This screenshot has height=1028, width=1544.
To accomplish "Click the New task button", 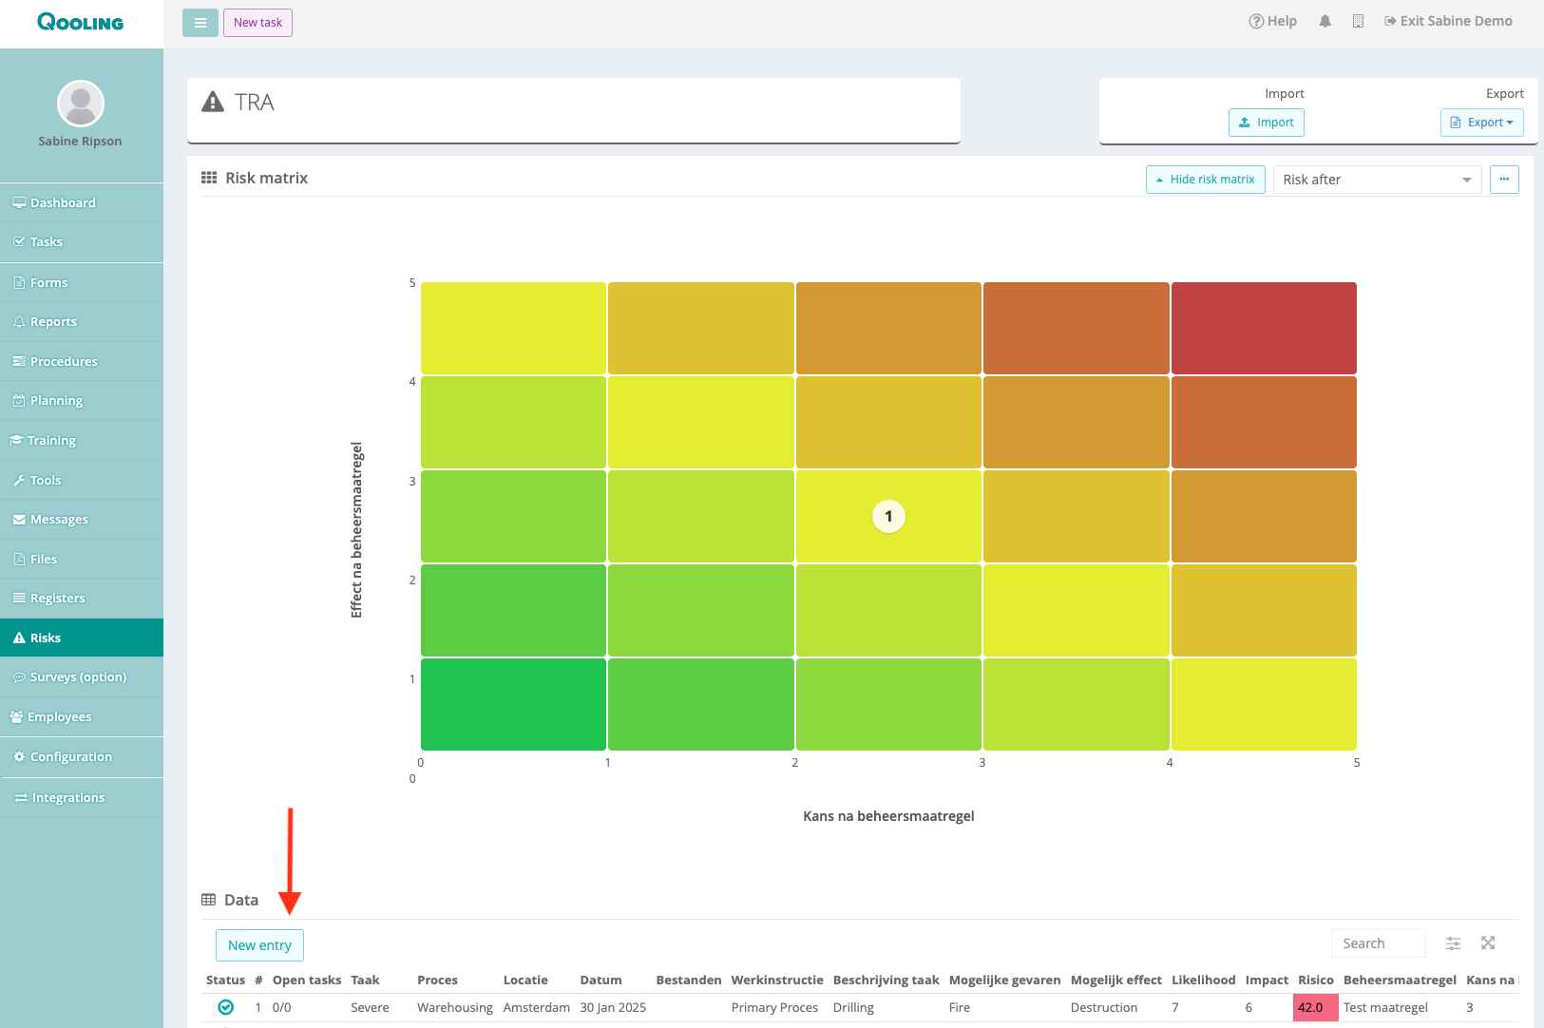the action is (257, 23).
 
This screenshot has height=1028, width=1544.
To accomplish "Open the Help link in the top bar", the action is (1272, 21).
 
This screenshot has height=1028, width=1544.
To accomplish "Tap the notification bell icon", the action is (1325, 21).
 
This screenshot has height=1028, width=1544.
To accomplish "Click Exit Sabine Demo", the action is (1448, 21).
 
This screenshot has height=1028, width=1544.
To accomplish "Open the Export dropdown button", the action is (1481, 123).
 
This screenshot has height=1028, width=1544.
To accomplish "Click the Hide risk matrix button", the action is (1205, 180).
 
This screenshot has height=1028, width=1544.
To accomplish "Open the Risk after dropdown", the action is (1377, 180).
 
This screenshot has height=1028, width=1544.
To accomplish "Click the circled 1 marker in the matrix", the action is (888, 517).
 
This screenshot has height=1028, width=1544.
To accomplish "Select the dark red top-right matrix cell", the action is (1264, 328).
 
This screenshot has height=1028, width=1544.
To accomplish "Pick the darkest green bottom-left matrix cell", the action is (513, 704).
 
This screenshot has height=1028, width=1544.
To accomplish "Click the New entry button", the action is (259, 944).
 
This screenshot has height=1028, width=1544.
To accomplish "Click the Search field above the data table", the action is (1378, 943).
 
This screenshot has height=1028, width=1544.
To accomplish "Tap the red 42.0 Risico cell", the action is (1315, 1007).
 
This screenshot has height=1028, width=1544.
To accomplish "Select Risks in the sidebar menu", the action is (82, 638).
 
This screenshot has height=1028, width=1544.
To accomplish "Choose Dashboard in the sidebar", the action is (82, 202).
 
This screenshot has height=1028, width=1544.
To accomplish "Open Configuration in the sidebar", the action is (82, 757).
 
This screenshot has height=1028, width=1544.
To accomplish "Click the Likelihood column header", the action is (1203, 980).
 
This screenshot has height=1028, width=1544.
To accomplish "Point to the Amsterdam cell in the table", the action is (536, 1007).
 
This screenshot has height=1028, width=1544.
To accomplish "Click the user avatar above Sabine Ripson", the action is (81, 105).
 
